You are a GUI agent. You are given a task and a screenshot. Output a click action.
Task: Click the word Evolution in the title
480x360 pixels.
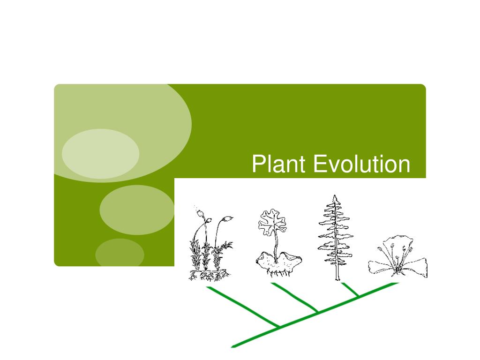[361, 165]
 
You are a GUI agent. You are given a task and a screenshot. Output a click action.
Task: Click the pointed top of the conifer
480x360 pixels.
[334, 197]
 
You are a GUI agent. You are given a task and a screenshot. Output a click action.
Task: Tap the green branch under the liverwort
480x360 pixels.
[294, 297]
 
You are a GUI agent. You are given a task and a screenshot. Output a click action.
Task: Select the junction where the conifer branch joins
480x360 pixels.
[359, 296]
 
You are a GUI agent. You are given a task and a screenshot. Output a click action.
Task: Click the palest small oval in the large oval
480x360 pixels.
[100, 154]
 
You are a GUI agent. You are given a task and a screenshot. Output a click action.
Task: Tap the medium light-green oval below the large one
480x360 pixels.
[137, 210]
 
